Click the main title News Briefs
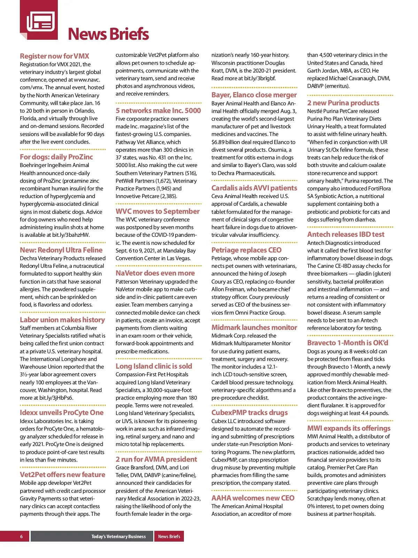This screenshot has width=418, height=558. tap(108, 34)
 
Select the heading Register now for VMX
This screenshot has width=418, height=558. tap(54, 56)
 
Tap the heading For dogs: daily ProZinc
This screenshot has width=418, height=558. tap(56, 157)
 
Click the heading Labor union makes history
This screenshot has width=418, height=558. tap(62, 320)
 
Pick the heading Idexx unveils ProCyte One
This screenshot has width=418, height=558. tap(62, 413)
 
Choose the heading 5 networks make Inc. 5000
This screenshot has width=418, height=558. tap(158, 111)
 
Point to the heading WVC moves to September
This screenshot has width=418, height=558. tap(157, 211)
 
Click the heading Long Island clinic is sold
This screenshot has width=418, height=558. tap(154, 366)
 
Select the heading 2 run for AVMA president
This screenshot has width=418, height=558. tap(156, 459)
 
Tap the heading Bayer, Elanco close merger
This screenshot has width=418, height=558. tap(254, 95)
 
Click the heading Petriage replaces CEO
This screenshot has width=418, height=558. tap(246, 250)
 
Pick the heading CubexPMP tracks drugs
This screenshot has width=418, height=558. tap(249, 413)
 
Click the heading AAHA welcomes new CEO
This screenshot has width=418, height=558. tap(253, 498)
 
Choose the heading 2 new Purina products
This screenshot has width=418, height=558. tap(343, 103)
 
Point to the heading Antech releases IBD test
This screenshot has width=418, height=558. tap(346, 234)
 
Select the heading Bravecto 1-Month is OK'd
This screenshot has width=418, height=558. tap(347, 343)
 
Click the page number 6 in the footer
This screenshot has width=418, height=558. tap(22, 536)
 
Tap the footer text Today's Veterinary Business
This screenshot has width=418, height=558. tap(118, 536)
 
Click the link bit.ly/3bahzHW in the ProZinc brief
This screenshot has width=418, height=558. tap(70, 235)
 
